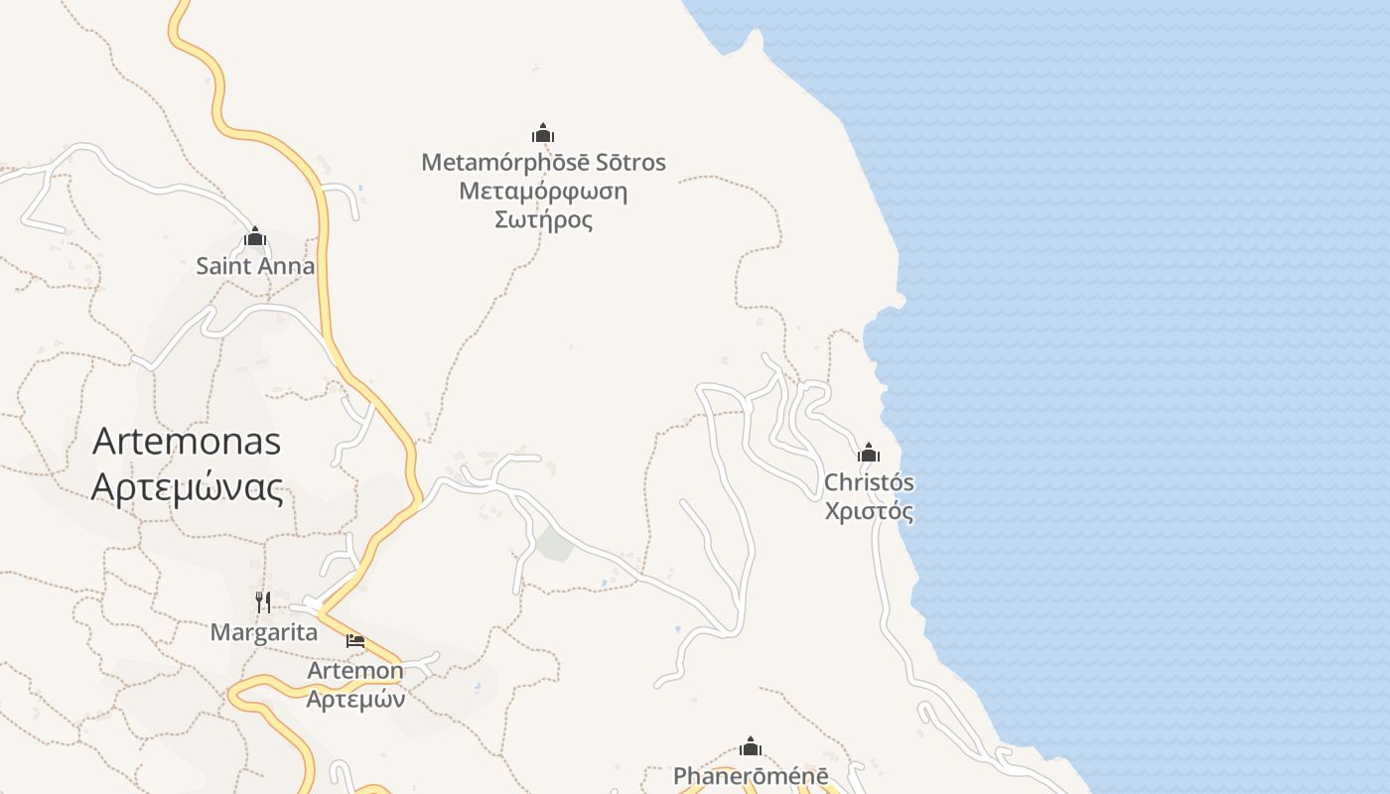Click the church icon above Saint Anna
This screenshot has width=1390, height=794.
[x=255, y=237]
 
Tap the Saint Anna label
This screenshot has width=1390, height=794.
[x=255, y=266]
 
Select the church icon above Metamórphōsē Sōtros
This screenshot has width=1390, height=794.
[x=543, y=133]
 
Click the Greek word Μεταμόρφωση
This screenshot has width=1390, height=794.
[x=543, y=191]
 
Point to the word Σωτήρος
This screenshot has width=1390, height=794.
[x=543, y=219]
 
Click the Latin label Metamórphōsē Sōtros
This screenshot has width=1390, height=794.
[x=543, y=162]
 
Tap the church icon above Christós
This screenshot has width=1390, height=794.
[x=869, y=454]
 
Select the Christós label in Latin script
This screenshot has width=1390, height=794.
[x=869, y=482]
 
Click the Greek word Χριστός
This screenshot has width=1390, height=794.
[x=869, y=511]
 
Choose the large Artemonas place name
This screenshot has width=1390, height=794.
[x=187, y=442]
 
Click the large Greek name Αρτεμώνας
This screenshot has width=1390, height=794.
[x=187, y=487]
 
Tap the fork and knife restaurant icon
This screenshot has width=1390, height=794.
[x=263, y=601]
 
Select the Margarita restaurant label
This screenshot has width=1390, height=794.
[x=263, y=632]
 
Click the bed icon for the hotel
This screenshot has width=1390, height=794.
[x=355, y=641]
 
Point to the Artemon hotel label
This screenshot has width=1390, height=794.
[x=355, y=671]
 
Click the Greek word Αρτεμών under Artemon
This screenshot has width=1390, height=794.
[x=355, y=699]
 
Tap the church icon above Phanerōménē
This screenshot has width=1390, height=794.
[x=751, y=746]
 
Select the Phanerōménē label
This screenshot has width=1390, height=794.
[x=751, y=776]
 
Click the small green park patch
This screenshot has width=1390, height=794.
[x=555, y=544]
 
